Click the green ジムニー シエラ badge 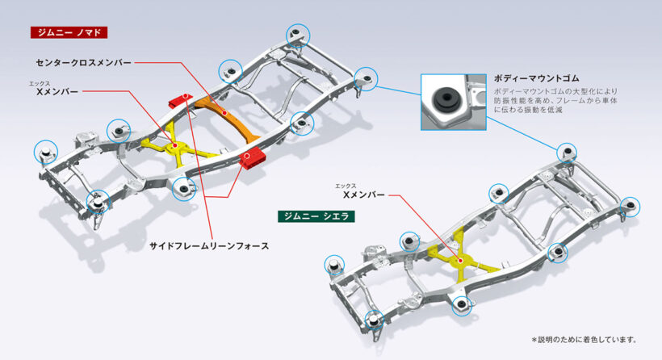(x=316, y=216)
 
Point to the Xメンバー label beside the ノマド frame (x=57, y=92)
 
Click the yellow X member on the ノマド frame (x=176, y=146)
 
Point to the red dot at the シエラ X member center (x=463, y=261)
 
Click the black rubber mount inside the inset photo (x=442, y=99)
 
